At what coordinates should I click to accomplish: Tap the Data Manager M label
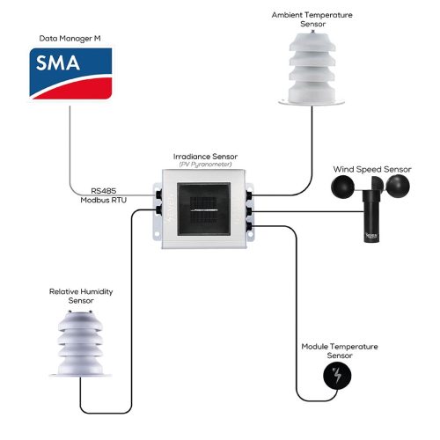[x=70, y=39]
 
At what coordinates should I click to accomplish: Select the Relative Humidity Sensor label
[x=81, y=295]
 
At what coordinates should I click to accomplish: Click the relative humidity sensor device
[x=81, y=343]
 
